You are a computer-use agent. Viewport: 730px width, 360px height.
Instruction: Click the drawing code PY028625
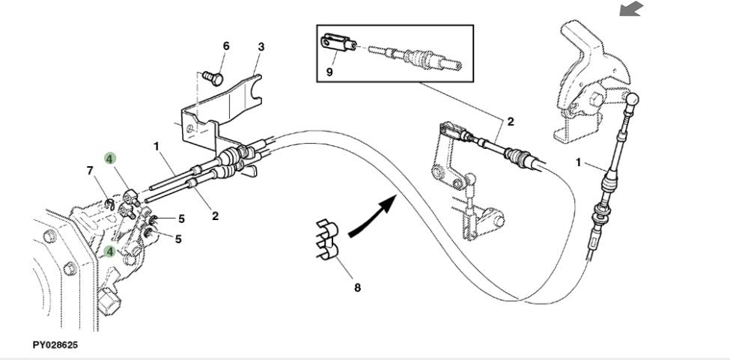coord(55,346)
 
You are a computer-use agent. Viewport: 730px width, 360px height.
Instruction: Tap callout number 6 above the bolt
coord(225,46)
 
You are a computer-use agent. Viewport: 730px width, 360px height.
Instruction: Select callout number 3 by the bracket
coord(261,46)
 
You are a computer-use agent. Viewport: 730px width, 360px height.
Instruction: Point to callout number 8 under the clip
coord(356,287)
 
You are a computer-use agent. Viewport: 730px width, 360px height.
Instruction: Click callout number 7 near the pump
coord(91,171)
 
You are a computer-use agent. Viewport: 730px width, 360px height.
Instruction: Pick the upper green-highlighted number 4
coord(110,158)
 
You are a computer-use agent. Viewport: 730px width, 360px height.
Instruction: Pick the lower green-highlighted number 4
coord(110,251)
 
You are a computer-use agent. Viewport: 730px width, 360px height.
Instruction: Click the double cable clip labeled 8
coord(327,241)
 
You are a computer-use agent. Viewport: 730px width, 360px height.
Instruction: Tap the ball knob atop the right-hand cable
coord(633,99)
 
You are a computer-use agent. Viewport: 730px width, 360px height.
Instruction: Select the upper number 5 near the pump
coord(181,219)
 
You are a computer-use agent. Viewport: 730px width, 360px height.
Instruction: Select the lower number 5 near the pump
coord(180,240)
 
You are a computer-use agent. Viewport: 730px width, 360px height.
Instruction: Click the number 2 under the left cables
coord(215,217)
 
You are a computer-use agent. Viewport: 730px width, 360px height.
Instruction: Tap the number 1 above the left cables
coord(157,147)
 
